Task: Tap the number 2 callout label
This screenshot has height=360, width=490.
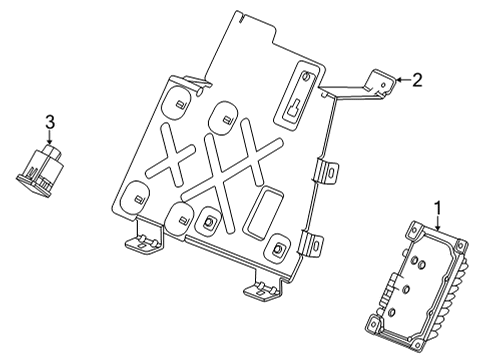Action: pos(417,80)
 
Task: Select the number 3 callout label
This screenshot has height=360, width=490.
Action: pos(48,122)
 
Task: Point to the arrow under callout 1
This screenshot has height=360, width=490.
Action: pos(436,221)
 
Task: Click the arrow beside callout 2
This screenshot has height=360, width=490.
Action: pos(400,79)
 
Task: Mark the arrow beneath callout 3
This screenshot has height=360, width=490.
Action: pos(48,139)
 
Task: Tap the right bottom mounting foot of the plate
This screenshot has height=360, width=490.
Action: pos(262,289)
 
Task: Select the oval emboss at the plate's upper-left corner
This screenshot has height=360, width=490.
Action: pos(172,101)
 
